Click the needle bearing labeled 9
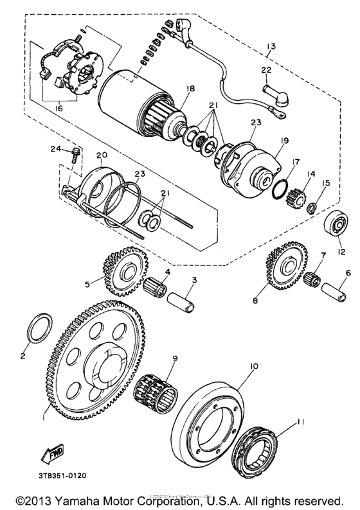[156, 391]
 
